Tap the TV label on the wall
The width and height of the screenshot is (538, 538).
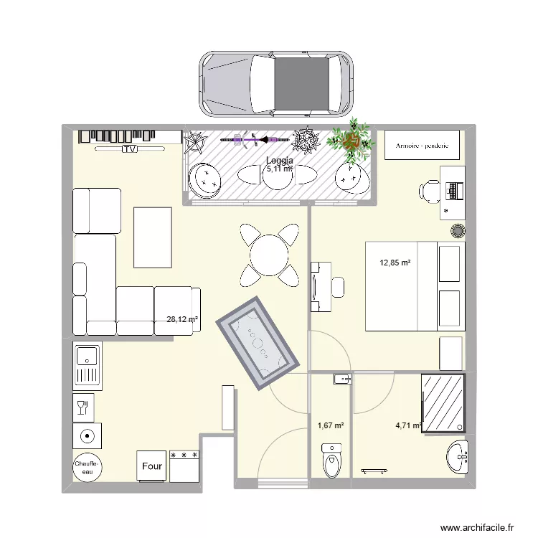(129, 149)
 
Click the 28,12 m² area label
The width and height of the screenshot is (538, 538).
(182, 320)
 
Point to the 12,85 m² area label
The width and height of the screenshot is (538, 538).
(395, 263)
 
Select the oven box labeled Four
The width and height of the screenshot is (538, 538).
(152, 466)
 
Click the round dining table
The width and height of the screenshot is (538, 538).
(269, 254)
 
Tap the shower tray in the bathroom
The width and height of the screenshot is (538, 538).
(443, 404)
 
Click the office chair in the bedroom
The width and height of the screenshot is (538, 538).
(430, 190)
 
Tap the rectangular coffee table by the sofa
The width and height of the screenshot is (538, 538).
(152, 237)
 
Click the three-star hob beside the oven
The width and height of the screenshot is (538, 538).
(184, 466)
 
